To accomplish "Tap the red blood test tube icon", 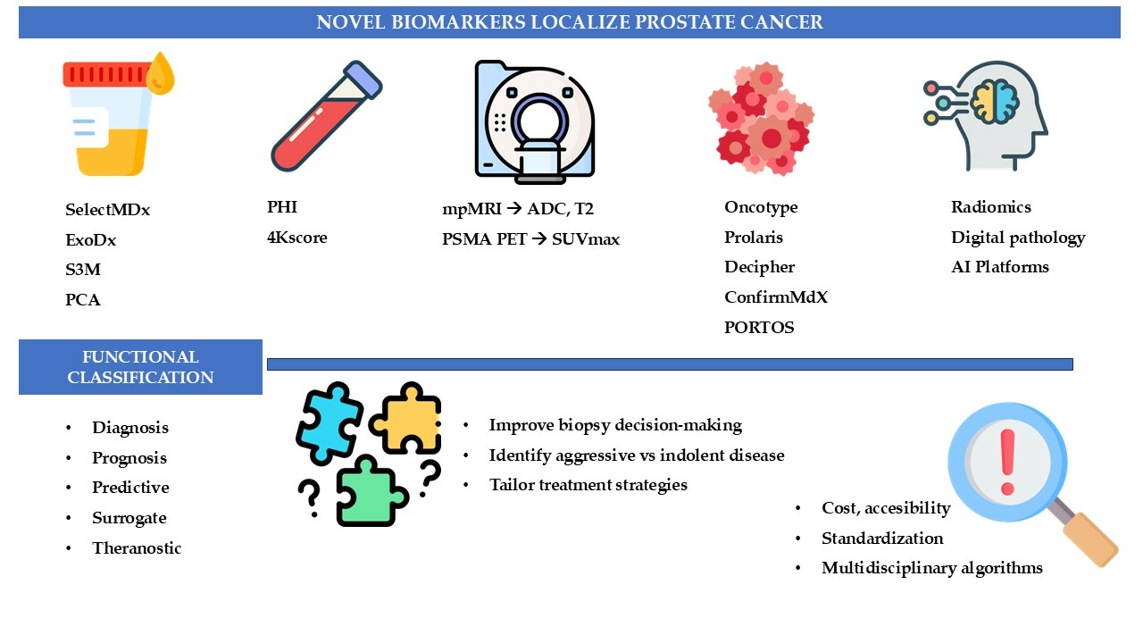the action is pyautogui.click(x=327, y=116).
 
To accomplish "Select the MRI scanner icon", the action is pyautogui.click(x=535, y=121).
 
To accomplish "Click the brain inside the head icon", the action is pyautogui.click(x=995, y=102).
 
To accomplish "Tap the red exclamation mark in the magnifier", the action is pyautogui.click(x=1007, y=462).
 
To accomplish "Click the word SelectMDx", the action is pyautogui.click(x=108, y=209).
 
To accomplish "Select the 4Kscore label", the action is pyautogui.click(x=297, y=238).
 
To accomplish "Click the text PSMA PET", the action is pyautogui.click(x=484, y=238).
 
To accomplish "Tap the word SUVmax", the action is pyautogui.click(x=586, y=238).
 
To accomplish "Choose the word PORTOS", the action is pyautogui.click(x=759, y=327).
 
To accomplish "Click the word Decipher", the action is pyautogui.click(x=759, y=267).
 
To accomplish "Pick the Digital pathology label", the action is pyautogui.click(x=1018, y=238).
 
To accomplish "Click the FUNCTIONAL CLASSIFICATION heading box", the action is pyautogui.click(x=140, y=367).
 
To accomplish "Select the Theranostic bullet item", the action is pyautogui.click(x=137, y=548).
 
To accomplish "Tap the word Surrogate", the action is pyautogui.click(x=129, y=518).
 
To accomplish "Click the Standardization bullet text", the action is pyautogui.click(x=882, y=538).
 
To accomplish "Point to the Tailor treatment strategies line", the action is pyautogui.click(x=588, y=485).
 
